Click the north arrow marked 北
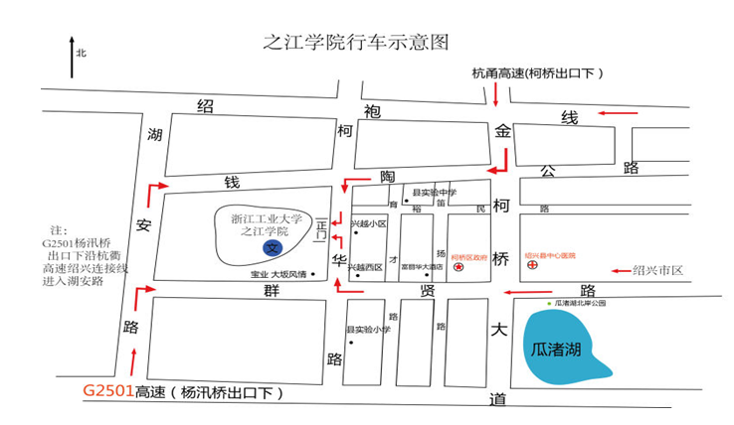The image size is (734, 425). (72, 58)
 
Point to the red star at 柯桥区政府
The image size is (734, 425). (459, 267)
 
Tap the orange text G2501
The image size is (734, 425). (107, 391)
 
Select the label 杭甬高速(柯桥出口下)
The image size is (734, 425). (537, 73)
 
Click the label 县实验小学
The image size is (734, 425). (368, 329)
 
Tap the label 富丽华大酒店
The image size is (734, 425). (421, 267)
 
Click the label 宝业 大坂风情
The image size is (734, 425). (278, 274)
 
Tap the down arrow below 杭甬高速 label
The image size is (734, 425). (494, 94)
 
